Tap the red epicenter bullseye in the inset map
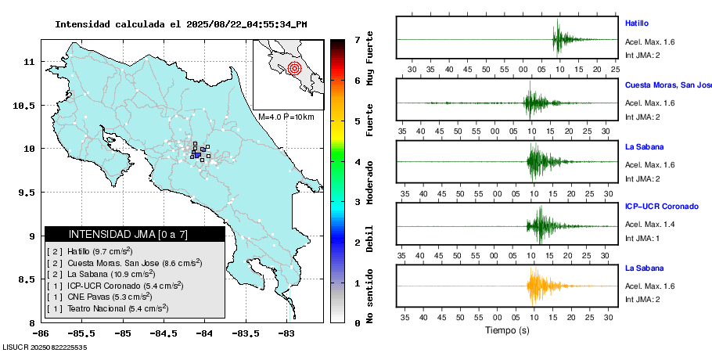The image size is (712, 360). click(x=294, y=68)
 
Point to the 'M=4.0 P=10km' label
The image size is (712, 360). click(x=286, y=117)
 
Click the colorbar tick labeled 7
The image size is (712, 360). click(x=357, y=39)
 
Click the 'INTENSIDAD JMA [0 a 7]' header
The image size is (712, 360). click(x=128, y=234)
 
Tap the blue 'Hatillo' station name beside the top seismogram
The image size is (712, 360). click(x=637, y=23)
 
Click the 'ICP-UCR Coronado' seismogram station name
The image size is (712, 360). click(x=661, y=207)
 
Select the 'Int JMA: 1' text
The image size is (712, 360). click(x=642, y=238)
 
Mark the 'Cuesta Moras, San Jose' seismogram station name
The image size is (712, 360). click(x=667, y=85)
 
